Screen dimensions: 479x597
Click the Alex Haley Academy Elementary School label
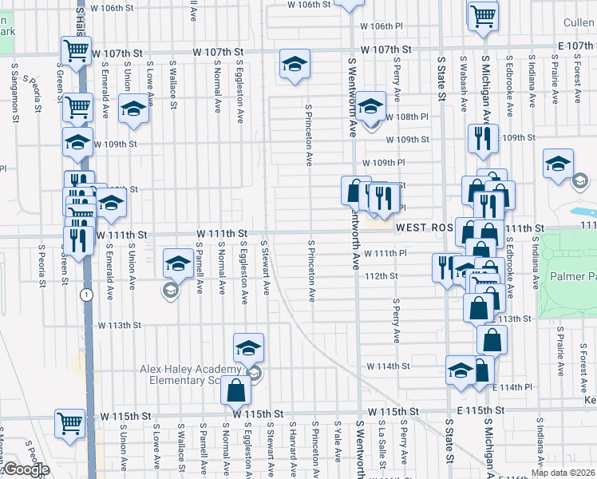coord(190,374)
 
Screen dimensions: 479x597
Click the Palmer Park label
coord(573,276)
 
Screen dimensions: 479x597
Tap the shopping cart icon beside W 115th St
coord(69,423)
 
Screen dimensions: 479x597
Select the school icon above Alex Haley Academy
coord(248,348)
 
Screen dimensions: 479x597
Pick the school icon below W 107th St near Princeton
coord(294,65)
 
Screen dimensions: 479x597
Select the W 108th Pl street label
coord(407,117)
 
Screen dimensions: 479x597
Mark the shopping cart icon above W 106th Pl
coord(483,15)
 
